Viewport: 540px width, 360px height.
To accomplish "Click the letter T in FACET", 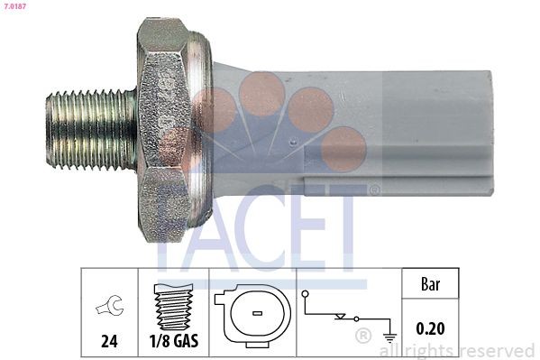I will [x=347, y=226].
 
